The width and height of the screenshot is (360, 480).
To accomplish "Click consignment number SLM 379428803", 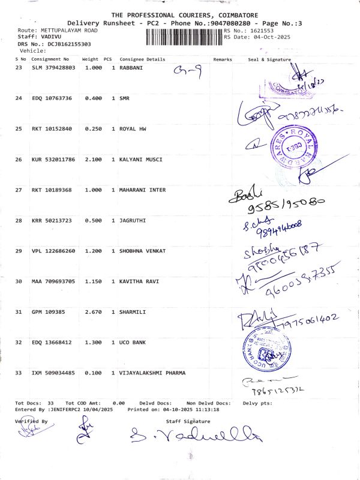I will click(54, 68).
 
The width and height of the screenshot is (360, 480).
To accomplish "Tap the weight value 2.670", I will click(90, 312).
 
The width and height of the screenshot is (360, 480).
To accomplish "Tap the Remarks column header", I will click(222, 59).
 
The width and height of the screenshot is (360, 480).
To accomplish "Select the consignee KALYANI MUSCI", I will click(141, 160).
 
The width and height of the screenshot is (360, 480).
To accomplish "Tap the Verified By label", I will click(31, 421).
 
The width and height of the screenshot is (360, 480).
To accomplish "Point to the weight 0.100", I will click(90, 373).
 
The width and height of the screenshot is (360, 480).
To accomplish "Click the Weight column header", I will click(90, 59).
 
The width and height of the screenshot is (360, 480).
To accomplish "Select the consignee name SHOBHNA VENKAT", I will click(142, 251).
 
